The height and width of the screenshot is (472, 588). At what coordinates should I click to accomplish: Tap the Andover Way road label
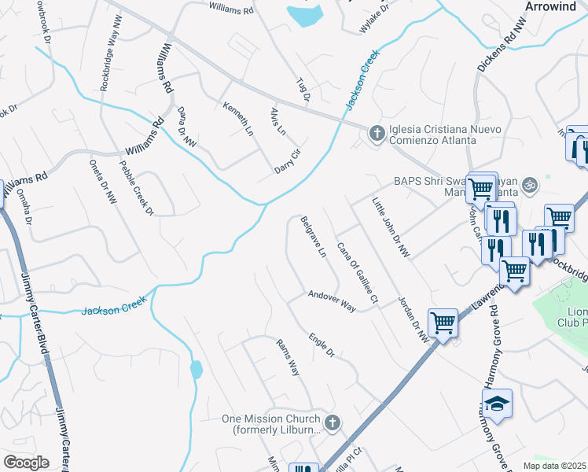[332, 301]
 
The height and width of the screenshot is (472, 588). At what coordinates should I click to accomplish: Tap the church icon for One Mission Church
[332, 423]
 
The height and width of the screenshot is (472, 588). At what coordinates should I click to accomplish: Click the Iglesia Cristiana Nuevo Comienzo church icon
[377, 133]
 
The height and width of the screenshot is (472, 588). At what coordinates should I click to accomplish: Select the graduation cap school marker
[497, 404]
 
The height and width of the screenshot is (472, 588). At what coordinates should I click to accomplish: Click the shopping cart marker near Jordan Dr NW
[443, 323]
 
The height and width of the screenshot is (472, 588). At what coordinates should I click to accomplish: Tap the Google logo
[26, 463]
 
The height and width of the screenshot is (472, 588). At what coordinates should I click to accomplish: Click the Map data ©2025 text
[555, 466]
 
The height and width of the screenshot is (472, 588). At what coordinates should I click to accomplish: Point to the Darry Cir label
[288, 162]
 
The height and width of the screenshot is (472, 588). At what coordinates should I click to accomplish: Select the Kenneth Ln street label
[238, 119]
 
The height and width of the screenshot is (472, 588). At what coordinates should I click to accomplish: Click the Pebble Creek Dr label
[137, 187]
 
